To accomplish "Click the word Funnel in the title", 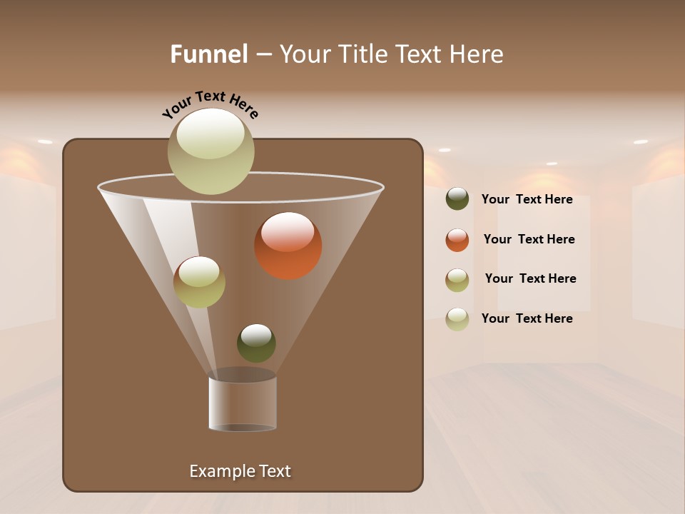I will (x=208, y=54).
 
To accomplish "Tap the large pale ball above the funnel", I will (x=210, y=151).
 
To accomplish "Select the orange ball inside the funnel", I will (x=288, y=246).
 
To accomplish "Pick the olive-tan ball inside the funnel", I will (x=199, y=282).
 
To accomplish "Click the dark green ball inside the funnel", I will (x=256, y=343).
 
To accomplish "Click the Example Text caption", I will (x=240, y=471).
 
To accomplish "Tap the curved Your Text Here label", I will (x=210, y=104).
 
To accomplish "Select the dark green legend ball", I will (x=457, y=199).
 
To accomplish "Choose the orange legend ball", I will (x=457, y=240).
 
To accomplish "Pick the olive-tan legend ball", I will (x=457, y=280).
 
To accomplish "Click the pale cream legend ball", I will (x=457, y=319).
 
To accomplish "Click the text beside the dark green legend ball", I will (x=527, y=200).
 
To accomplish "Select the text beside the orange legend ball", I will (x=529, y=240).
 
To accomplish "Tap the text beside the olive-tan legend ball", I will (x=530, y=279).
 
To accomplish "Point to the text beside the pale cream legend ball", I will (x=527, y=319).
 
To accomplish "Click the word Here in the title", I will (x=475, y=54).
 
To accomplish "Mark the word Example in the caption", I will (x=218, y=471).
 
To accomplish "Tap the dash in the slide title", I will (x=263, y=55).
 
